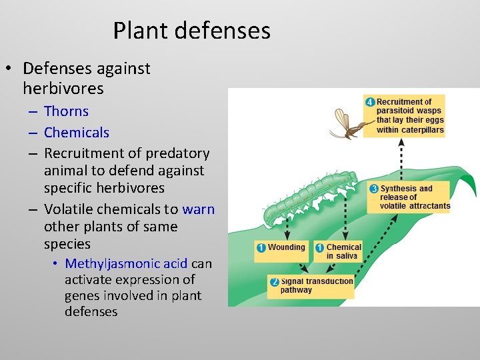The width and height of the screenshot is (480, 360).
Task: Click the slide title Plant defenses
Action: (191, 31)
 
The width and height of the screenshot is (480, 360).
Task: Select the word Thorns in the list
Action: (66, 111)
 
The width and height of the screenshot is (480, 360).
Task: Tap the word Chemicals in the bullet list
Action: (76, 133)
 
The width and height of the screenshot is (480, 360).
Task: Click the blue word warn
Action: (198, 209)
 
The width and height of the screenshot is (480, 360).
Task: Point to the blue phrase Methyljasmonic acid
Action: (126, 263)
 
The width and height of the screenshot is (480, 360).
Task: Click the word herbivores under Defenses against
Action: (63, 88)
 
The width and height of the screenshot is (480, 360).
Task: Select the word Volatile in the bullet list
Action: (69, 209)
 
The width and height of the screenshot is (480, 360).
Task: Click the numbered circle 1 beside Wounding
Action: (261, 247)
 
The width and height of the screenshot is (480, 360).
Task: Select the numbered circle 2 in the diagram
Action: (274, 283)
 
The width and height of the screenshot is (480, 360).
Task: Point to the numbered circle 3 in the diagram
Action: (374, 189)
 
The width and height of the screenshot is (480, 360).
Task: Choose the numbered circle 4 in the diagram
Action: (369, 102)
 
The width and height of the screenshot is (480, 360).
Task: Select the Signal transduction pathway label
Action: (316, 286)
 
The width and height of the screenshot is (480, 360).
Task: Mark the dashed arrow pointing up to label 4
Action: (401, 160)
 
